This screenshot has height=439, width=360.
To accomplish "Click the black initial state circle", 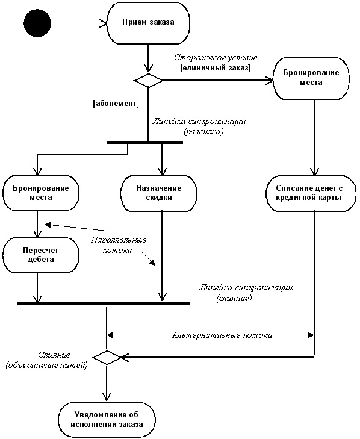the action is (37, 23).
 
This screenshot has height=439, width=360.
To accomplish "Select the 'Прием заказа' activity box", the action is (148, 23).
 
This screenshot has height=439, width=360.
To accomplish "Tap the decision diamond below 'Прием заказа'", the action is (148, 81).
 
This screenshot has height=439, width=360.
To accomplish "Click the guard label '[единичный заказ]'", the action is (215, 68).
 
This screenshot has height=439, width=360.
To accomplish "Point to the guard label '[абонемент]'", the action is (116, 104).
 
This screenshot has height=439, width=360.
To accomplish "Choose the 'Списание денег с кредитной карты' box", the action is (311, 193).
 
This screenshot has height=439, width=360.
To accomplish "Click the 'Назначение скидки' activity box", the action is (159, 193).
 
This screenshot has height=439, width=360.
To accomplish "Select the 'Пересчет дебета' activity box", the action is (41, 255).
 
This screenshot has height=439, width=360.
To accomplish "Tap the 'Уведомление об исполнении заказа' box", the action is (107, 420).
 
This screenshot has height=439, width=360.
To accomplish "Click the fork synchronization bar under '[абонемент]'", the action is (144, 143).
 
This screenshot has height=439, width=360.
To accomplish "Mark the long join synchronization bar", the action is (104, 304).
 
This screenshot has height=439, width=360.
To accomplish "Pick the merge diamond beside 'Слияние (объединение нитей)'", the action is (107, 358).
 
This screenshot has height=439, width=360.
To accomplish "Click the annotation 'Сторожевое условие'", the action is (216, 58).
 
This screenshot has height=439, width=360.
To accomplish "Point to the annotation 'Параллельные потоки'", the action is (118, 245).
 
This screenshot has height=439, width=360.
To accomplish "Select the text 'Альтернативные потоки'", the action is (222, 335).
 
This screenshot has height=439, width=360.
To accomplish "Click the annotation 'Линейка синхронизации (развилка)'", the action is (199, 126).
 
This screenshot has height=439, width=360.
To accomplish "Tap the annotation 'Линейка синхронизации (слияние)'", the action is (246, 293).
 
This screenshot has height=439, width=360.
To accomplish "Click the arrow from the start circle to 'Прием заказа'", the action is (79, 23).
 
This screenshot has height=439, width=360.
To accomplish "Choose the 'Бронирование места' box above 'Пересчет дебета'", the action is (41, 193).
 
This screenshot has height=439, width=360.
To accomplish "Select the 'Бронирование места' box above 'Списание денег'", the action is (311, 79).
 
